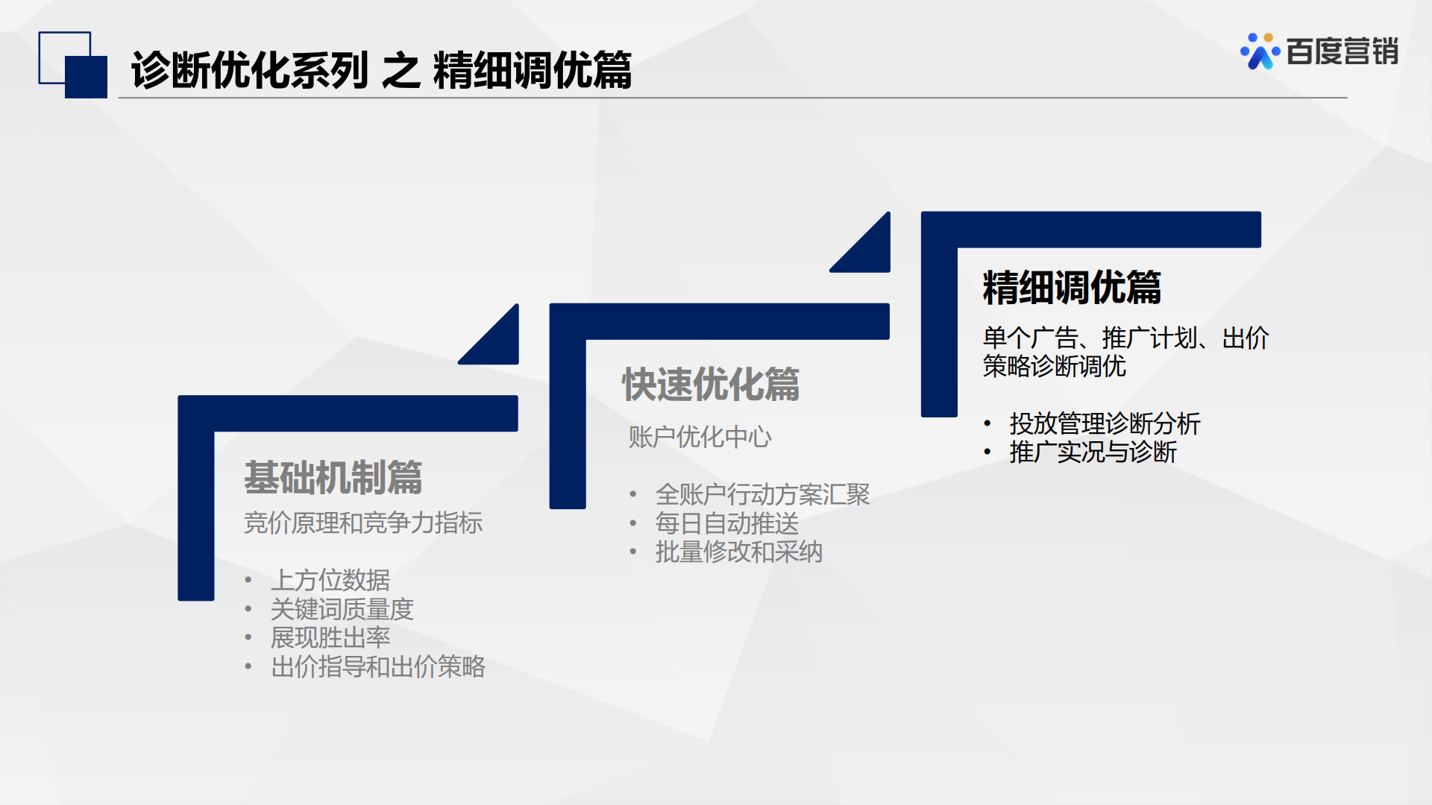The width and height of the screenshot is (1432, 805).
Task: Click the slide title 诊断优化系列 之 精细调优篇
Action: tap(381, 70)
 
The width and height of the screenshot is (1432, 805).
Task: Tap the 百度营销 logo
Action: tap(1319, 51)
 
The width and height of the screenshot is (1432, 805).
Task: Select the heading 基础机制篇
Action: tap(333, 477)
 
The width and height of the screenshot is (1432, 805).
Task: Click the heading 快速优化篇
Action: tap(711, 384)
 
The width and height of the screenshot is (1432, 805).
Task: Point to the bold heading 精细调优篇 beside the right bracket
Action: tap(1072, 288)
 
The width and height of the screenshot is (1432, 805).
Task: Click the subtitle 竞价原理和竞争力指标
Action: tap(363, 523)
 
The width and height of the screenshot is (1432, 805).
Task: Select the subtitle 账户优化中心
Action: tap(700, 437)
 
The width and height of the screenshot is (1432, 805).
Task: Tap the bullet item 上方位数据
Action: tap(330, 580)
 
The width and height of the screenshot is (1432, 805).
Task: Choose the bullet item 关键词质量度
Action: tap(342, 609)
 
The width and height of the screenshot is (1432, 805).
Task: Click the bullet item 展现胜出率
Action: tap(330, 637)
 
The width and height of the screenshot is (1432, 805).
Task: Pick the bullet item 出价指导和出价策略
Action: tap(378, 666)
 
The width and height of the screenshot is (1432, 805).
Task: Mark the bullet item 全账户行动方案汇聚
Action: tap(763, 494)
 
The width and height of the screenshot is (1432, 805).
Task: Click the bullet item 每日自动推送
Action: tap(727, 523)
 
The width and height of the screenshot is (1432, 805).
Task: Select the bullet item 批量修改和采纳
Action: tap(739, 552)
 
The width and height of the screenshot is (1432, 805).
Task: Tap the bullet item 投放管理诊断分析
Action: tap(1105, 423)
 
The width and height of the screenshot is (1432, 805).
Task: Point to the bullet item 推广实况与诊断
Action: tap(1093, 452)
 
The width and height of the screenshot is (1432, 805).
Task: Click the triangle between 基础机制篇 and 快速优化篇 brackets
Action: tap(499, 344)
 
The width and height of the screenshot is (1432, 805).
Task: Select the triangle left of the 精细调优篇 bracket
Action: tap(870, 253)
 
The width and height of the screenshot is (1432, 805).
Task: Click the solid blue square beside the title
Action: tap(86, 77)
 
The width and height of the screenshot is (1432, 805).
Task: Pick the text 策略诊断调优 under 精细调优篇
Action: tap(1055, 366)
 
